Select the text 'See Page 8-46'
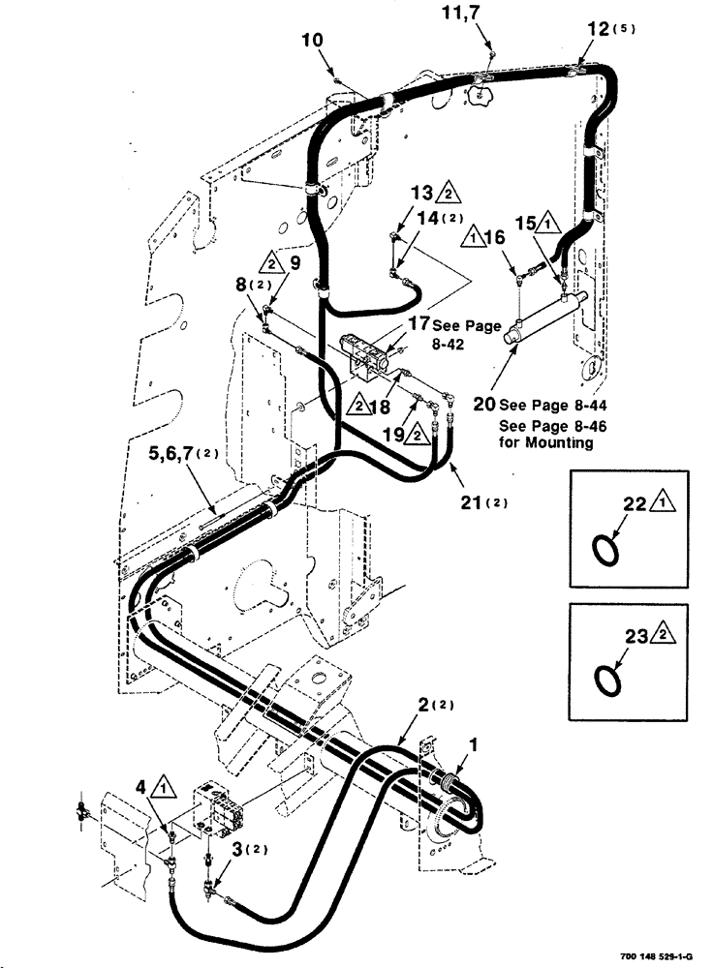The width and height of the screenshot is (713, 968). tap(545, 425)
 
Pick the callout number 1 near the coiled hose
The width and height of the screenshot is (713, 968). tap(472, 746)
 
